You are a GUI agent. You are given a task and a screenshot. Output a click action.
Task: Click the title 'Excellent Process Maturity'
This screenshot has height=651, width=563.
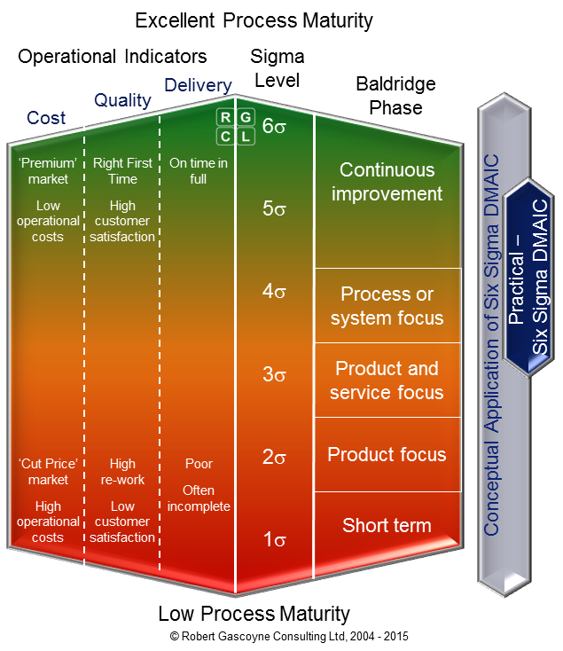[x=254, y=20]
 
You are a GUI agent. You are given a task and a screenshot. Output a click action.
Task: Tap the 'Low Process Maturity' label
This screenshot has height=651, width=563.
[x=254, y=613]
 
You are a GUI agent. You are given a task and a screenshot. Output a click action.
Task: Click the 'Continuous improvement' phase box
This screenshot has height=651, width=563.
[x=387, y=182]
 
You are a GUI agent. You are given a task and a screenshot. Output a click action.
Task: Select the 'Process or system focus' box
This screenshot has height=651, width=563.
[x=387, y=306]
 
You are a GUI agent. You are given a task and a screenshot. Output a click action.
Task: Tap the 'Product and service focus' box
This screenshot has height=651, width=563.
[x=387, y=380]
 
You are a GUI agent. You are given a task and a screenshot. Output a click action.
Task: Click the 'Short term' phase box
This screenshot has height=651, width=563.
[x=387, y=525]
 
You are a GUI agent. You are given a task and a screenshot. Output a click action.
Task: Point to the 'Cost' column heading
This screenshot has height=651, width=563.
[x=46, y=118]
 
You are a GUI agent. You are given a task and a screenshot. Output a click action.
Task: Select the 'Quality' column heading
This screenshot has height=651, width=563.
[x=122, y=100]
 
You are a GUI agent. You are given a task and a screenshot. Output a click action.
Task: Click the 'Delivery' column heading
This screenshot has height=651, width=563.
[x=198, y=85]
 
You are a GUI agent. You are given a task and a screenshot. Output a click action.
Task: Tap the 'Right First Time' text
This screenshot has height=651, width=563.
[x=122, y=170]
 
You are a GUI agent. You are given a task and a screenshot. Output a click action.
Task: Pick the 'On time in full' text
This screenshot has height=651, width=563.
[x=199, y=170]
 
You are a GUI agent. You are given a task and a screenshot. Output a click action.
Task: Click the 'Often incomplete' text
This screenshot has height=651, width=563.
[x=199, y=498]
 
